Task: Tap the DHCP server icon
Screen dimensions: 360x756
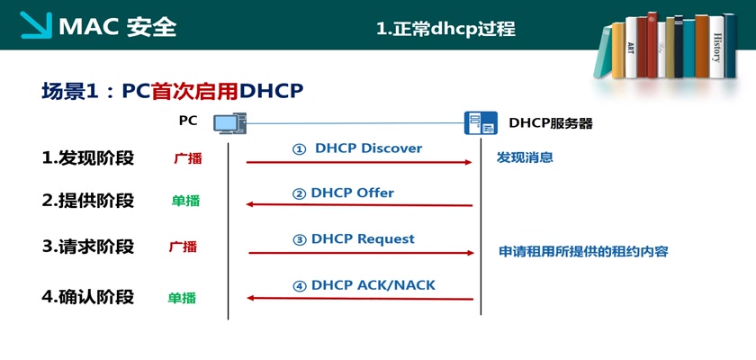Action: click(x=480, y=123)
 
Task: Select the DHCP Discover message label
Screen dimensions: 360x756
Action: click(x=357, y=148)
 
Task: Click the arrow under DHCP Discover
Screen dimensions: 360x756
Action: click(x=360, y=162)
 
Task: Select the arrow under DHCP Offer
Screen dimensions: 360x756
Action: click(x=360, y=205)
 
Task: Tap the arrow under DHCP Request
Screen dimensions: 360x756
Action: click(x=360, y=253)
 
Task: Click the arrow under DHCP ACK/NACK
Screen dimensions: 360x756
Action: click(x=360, y=298)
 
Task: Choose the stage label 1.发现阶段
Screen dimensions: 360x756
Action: click(x=87, y=158)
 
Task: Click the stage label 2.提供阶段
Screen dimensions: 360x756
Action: click(x=87, y=201)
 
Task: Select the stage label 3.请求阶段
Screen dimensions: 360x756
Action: click(x=87, y=247)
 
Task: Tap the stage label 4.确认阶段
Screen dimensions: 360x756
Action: click(x=87, y=296)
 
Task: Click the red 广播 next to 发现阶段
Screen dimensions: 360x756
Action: click(x=188, y=159)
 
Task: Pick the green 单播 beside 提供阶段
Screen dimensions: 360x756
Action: click(x=185, y=202)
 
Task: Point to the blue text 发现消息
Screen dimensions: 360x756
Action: click(x=525, y=157)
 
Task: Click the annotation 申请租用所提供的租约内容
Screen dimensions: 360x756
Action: click(x=583, y=252)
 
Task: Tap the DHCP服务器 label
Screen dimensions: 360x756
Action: click(x=551, y=123)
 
